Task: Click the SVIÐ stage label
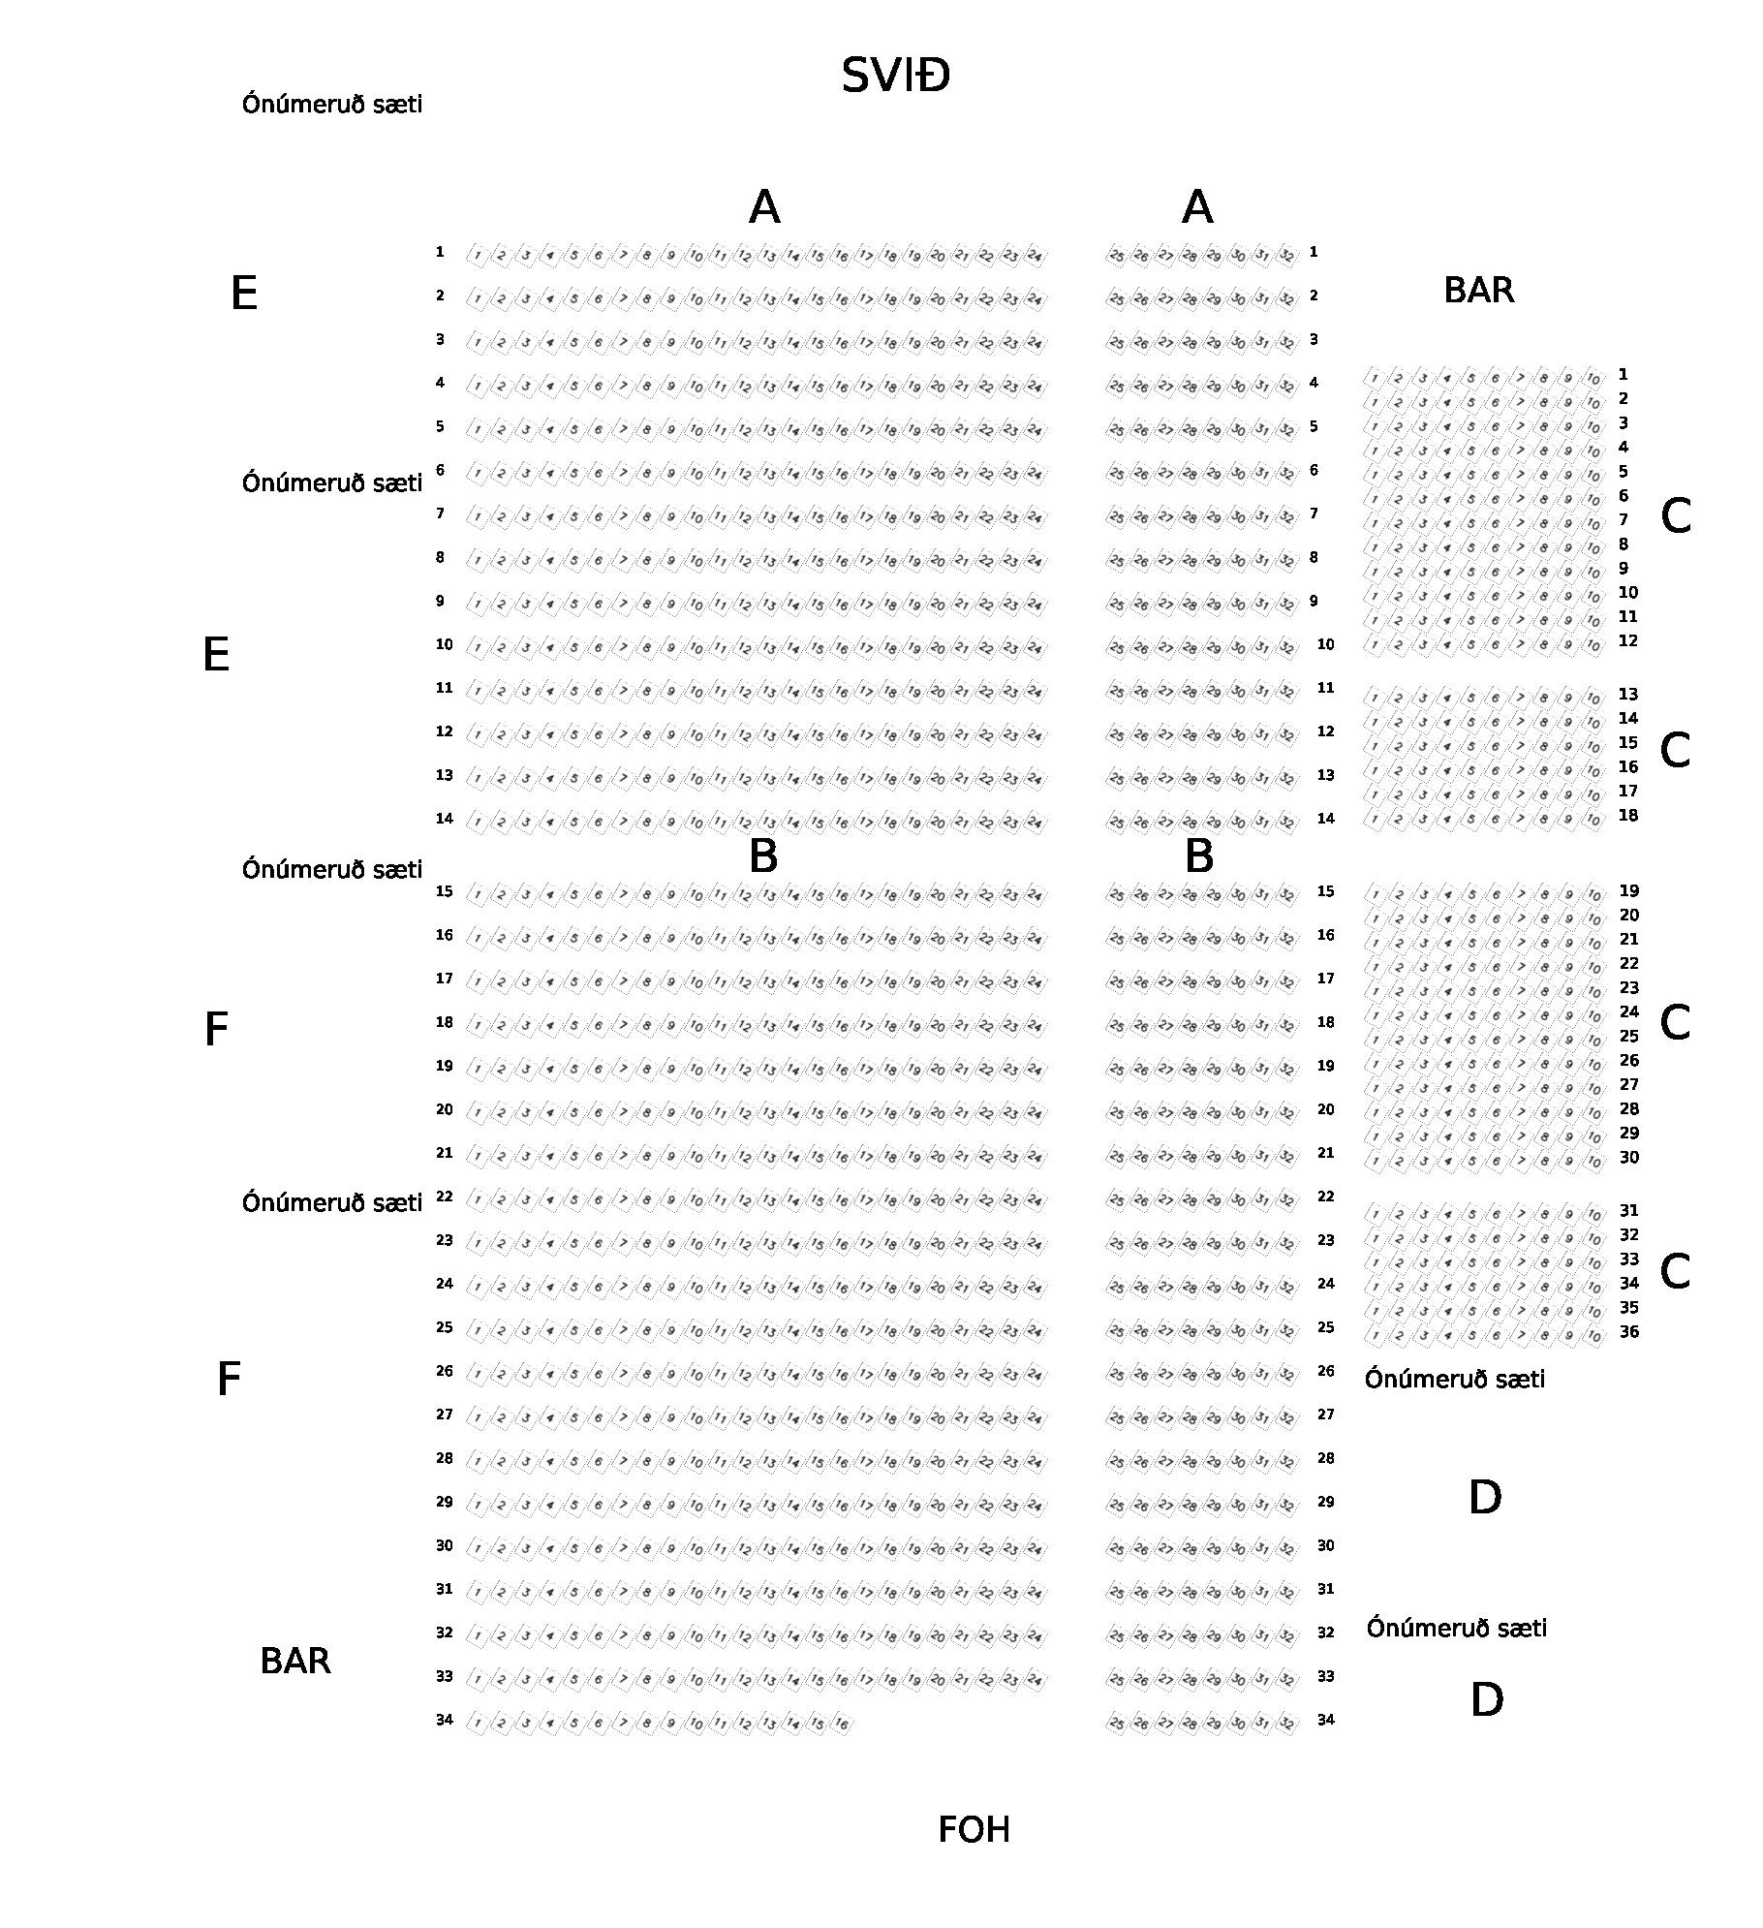pos(895,76)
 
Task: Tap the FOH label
pos(974,1830)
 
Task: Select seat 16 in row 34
pos(842,1724)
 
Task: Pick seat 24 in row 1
pos(1035,257)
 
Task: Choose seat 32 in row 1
pos(1286,257)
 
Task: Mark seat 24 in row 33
pos(1035,1680)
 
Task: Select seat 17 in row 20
pos(866,1113)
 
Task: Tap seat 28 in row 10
pos(1190,648)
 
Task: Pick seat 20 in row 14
pos(938,823)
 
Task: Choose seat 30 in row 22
pos(1238,1200)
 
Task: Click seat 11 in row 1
pos(720,257)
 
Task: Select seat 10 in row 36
pos(1593,1336)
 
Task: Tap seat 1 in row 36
pos(1376,1336)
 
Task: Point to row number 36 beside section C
pos(1629,1332)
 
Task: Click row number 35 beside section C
pos(1629,1308)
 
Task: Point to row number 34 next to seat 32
pos(1325,1720)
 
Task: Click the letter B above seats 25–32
pos(1198,856)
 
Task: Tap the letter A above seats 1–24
pos(764,207)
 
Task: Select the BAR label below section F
pos(295,1662)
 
